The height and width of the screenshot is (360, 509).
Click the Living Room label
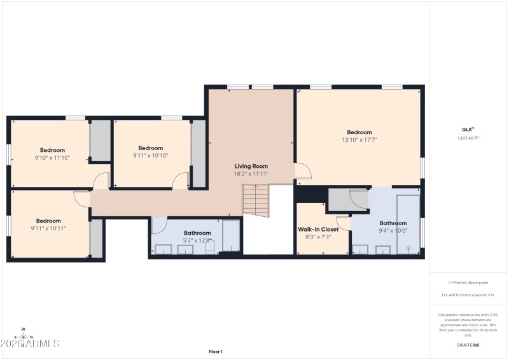[x=251, y=166]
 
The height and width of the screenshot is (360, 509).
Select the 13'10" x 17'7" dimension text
[x=359, y=140]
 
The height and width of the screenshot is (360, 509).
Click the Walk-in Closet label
[x=318, y=229]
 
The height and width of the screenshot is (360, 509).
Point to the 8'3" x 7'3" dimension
[x=318, y=237]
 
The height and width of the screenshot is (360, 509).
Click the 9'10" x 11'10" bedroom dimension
[x=52, y=158]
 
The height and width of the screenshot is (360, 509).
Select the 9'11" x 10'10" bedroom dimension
[x=151, y=155]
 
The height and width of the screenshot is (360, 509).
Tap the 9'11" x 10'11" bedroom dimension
[x=48, y=228]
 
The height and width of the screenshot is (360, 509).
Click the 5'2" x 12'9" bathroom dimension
[x=197, y=240]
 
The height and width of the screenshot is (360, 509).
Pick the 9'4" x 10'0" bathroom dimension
[x=393, y=231]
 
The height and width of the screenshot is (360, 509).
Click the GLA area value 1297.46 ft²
[x=468, y=138]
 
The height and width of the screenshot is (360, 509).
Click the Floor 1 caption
[x=216, y=351]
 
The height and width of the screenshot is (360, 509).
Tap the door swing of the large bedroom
[x=302, y=170]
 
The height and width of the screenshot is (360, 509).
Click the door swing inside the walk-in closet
[x=344, y=223]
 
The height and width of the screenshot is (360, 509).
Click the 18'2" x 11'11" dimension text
[x=251, y=174]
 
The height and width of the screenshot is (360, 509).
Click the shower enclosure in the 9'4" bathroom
[x=407, y=224]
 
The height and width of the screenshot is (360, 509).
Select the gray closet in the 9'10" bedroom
[x=99, y=140]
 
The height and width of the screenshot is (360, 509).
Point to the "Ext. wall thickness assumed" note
[x=468, y=294]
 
